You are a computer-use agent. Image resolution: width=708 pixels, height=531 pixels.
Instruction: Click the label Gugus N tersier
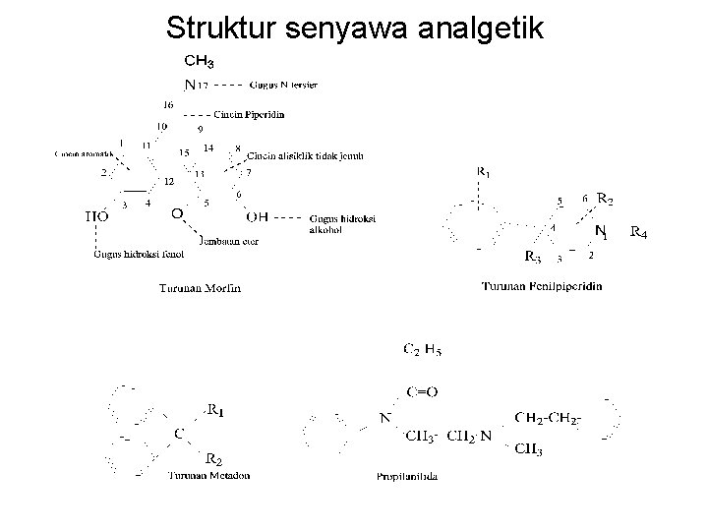point(283,86)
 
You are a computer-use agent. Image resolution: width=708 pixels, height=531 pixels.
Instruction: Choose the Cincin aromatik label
point(80,154)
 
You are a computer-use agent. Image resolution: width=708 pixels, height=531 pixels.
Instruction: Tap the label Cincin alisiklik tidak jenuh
point(306,155)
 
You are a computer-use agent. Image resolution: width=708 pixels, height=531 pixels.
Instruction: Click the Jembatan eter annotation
point(228,242)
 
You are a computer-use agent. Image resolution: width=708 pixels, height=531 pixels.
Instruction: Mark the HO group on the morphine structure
point(96,215)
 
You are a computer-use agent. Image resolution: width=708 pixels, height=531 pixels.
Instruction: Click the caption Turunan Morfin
point(200,288)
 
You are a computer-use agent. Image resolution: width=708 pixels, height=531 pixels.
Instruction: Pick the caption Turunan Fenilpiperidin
point(543,286)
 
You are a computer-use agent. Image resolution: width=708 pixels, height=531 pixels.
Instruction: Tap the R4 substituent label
point(638,233)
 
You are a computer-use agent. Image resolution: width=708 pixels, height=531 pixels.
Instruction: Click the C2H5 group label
point(423,348)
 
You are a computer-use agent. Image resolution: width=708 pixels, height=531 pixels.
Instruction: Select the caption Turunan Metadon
point(208,475)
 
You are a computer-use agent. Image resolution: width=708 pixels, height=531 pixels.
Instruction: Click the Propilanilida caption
point(407,476)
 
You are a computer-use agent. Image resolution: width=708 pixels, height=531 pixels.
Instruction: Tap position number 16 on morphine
point(168,104)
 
